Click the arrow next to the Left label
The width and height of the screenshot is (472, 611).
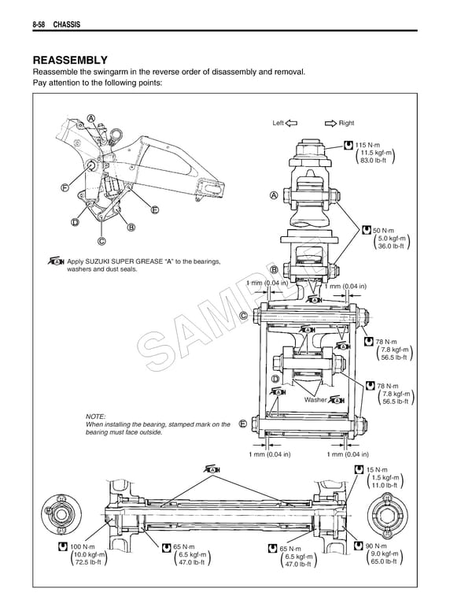point(290,123)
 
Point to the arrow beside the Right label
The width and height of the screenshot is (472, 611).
point(328,123)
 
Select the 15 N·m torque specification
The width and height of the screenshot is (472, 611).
point(379,470)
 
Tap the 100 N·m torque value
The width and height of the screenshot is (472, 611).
point(83,546)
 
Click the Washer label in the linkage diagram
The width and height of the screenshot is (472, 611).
point(315,400)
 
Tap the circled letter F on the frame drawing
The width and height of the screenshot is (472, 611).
point(63,187)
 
